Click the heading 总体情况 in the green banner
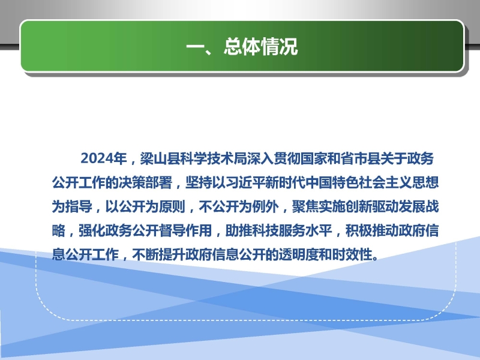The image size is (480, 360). click(x=260, y=47)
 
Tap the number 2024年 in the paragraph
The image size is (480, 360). click(x=104, y=158)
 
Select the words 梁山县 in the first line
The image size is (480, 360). click(x=160, y=158)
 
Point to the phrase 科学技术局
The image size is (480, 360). click(x=214, y=158)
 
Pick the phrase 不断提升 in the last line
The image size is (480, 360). click(x=159, y=254)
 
